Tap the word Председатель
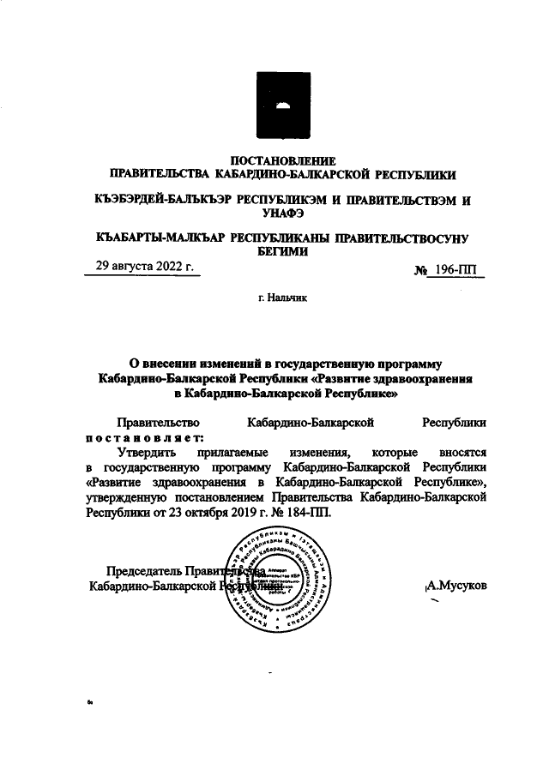tap(143, 571)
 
